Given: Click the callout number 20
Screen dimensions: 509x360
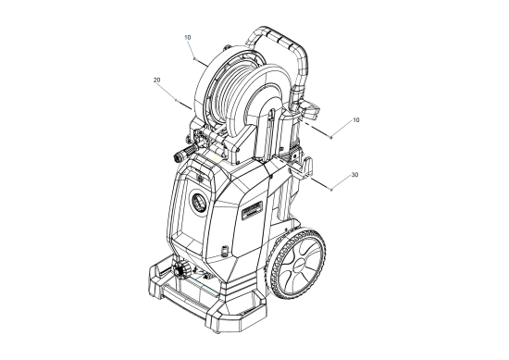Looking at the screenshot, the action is point(156,80).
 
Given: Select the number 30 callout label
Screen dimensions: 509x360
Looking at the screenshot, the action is point(354,175).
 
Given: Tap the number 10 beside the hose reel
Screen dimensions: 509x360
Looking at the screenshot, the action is point(187,37).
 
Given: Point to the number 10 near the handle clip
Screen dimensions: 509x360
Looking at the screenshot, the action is point(356,120).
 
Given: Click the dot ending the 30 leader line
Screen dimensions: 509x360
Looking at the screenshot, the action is point(331,190).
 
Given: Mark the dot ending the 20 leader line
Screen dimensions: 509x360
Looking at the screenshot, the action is point(176,100).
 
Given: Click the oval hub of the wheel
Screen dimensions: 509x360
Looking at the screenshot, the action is point(299,262).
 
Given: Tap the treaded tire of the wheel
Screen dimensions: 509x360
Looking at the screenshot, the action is point(295,264).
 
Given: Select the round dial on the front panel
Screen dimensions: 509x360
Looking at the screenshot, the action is point(199,203).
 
